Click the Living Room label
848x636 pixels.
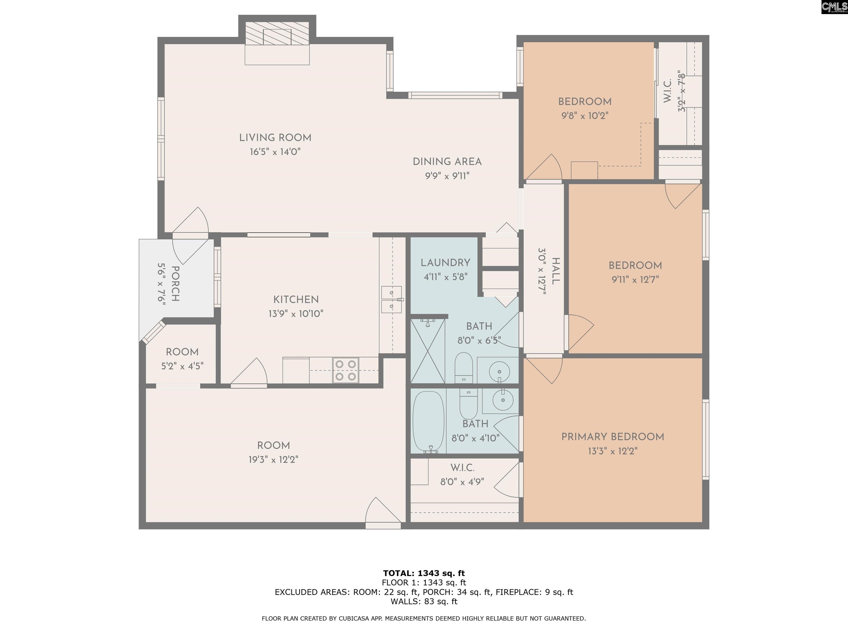click(275, 138)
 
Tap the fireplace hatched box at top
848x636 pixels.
click(277, 34)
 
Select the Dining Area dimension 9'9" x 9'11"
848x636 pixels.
click(447, 176)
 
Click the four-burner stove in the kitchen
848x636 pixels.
click(345, 370)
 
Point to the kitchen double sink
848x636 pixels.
click(391, 300)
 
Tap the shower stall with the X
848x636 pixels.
click(427, 351)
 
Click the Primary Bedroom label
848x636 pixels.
click(612, 437)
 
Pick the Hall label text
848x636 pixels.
click(555, 271)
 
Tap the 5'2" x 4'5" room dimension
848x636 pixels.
click(182, 366)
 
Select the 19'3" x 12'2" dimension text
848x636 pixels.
click(273, 459)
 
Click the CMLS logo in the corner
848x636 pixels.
click(834, 7)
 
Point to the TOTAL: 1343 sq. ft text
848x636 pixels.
click(424, 573)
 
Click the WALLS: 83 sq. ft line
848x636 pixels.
click(424, 601)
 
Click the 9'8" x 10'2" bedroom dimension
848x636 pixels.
click(585, 115)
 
